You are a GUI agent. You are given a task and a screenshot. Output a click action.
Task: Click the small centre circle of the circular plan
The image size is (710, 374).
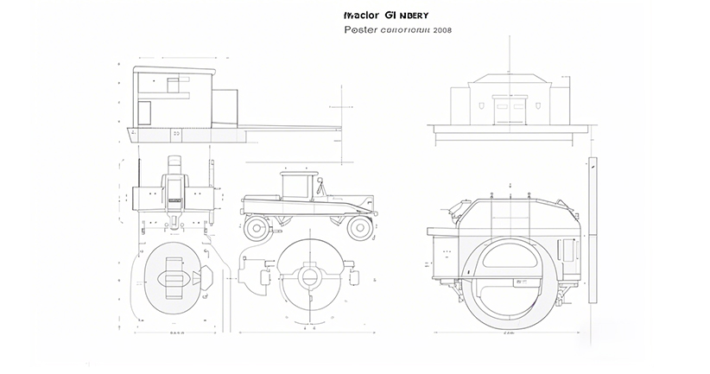click(x=309, y=277)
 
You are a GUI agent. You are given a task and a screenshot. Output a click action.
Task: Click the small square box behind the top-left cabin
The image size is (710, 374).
click(x=225, y=105)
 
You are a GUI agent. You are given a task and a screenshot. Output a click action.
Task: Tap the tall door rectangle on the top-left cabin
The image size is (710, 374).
click(x=144, y=111)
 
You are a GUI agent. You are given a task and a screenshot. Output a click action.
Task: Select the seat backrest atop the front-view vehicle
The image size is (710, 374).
click(x=174, y=162)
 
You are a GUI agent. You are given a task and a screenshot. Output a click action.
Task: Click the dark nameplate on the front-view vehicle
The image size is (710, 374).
click(x=174, y=199)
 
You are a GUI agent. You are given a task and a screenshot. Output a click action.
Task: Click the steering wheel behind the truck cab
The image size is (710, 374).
click(x=321, y=186)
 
